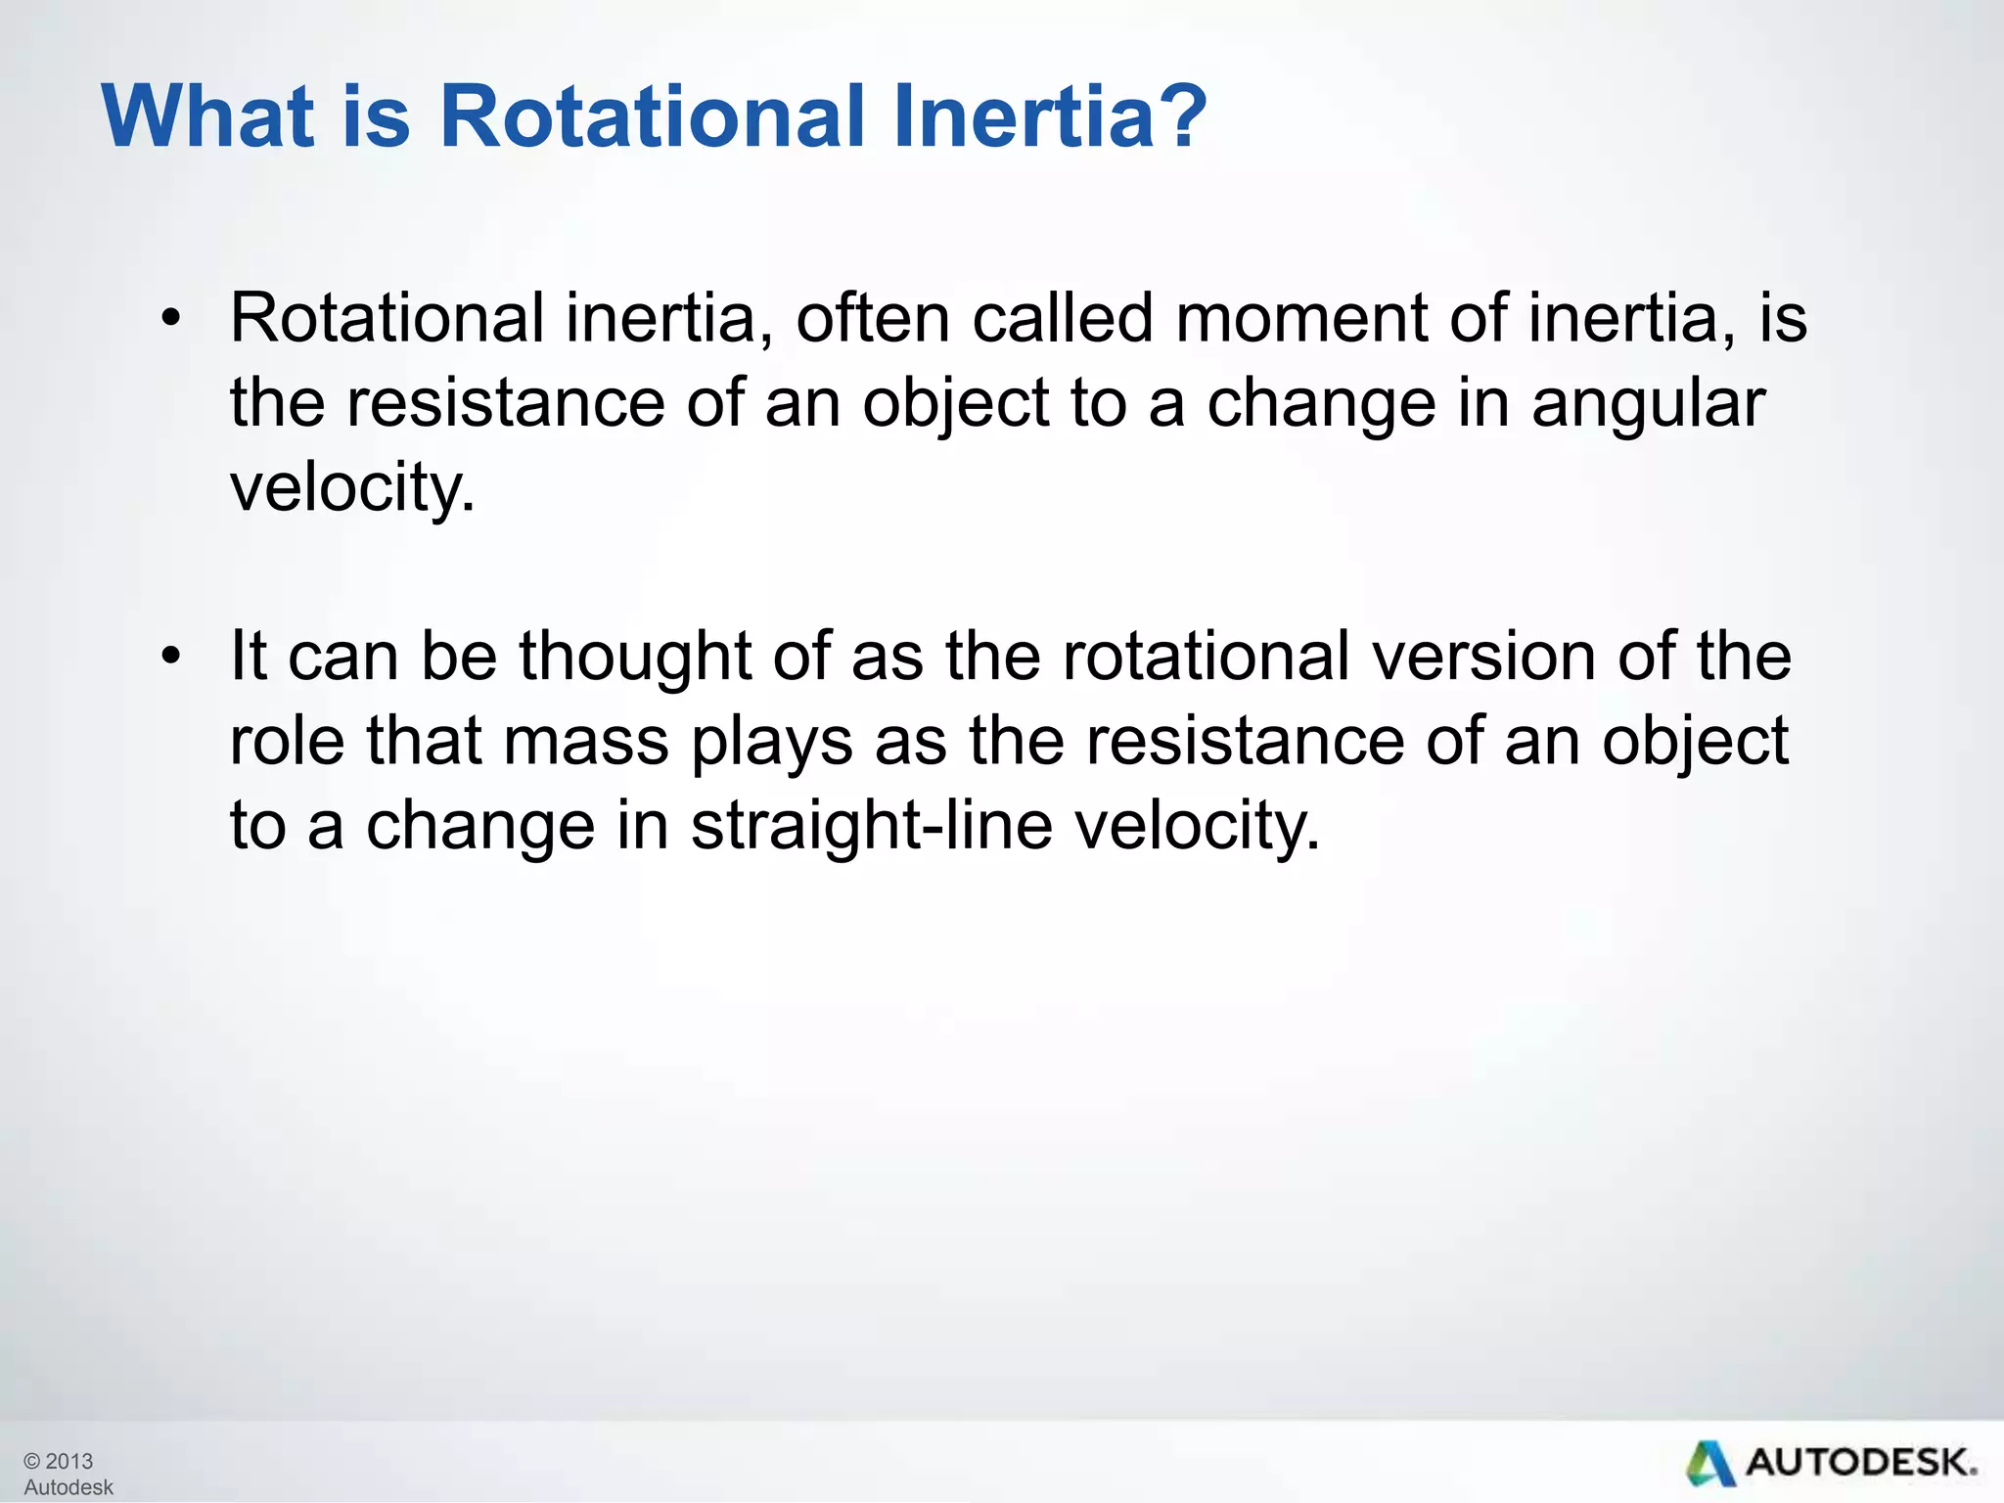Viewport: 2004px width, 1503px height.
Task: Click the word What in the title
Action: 207,116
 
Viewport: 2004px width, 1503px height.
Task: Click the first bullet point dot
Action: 171,319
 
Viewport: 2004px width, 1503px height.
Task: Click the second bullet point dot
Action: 171,656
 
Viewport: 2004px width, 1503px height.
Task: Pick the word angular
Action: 1648,405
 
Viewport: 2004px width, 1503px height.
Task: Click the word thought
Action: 634,656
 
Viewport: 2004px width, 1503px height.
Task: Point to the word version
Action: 1483,656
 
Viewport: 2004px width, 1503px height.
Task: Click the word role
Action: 287,741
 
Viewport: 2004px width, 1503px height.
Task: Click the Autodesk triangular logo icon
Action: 1709,1464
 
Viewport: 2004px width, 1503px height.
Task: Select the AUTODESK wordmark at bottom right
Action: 1861,1464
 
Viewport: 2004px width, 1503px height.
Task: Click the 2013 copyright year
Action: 68,1461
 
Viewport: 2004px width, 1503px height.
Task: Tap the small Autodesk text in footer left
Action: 68,1487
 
